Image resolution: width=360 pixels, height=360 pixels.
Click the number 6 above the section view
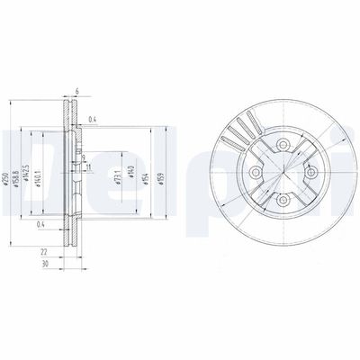[x=77, y=91]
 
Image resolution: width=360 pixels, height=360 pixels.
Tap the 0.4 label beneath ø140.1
[x=41, y=225]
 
